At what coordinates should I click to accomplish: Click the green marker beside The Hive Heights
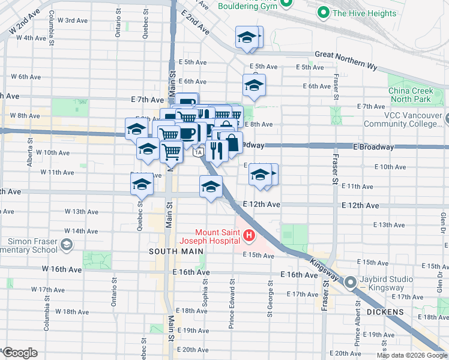(323, 13)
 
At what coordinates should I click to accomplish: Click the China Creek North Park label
(410, 95)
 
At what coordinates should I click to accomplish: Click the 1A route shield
(197, 153)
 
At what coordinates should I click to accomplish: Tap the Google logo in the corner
(20, 352)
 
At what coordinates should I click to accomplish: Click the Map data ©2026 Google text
(412, 355)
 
